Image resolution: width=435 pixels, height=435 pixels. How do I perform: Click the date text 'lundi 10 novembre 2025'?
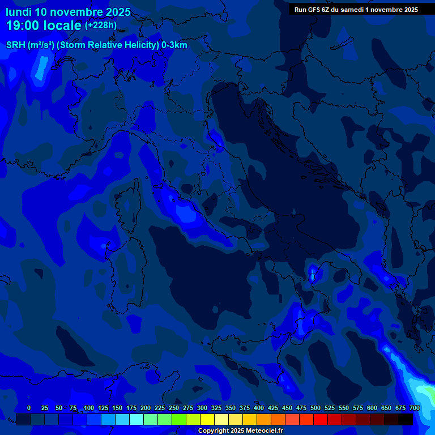point(68,12)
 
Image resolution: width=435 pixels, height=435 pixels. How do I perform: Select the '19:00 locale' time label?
point(44,25)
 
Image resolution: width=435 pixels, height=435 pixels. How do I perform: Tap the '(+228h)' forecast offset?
point(101,25)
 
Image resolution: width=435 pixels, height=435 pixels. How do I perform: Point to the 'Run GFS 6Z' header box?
point(356,9)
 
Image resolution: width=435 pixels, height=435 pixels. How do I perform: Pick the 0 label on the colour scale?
point(29,408)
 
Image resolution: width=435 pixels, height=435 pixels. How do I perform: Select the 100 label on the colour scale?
point(89,408)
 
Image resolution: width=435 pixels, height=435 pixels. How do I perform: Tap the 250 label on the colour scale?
point(174,408)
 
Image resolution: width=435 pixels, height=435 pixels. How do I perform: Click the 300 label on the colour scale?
point(202,408)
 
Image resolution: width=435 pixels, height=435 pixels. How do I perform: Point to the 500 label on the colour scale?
point(315,408)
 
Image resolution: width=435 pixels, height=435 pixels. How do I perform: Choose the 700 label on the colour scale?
point(415,408)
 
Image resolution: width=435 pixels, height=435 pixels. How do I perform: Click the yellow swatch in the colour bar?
point(207,419)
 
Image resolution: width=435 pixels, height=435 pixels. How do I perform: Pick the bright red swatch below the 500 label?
point(321,419)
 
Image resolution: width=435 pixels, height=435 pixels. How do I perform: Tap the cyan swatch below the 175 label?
point(137,419)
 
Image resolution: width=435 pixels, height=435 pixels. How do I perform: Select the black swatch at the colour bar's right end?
point(406,419)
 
